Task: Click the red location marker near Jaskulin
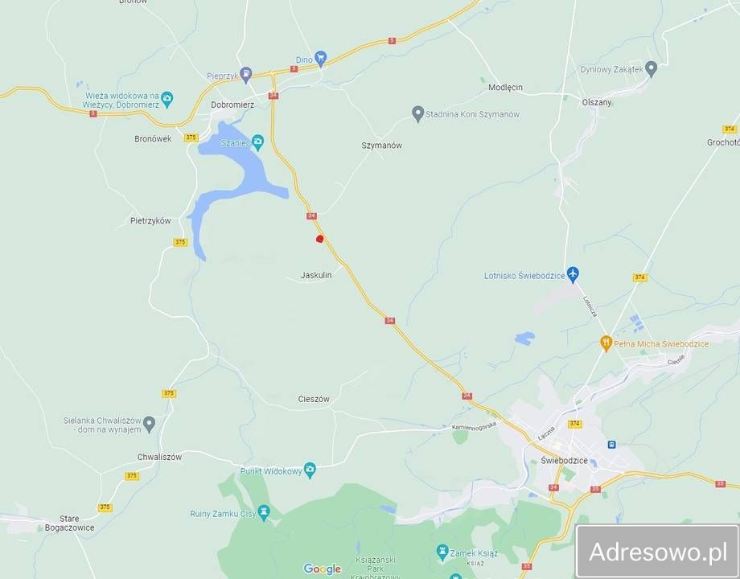pos(319,238)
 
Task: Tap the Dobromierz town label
pos(232,105)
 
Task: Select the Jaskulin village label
pos(316,275)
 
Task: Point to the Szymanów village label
pos(381,146)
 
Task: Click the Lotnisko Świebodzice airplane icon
pos(572,275)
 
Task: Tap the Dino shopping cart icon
pos(321,57)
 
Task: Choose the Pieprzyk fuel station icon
pos(246,75)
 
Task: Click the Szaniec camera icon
pos(257,142)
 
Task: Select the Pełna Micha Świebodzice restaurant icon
pos(606,343)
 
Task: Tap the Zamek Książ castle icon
pos(441,550)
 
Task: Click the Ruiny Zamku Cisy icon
pos(264,512)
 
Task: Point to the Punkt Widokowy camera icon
pos(310,470)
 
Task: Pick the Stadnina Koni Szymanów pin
pos(417,114)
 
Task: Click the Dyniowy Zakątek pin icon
pos(652,69)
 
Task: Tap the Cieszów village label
pos(314,399)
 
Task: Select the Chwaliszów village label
pos(159,457)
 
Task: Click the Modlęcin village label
pos(505,87)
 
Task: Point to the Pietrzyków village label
pos(150,220)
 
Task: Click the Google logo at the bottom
pos(322,569)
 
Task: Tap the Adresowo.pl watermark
pos(658,552)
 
